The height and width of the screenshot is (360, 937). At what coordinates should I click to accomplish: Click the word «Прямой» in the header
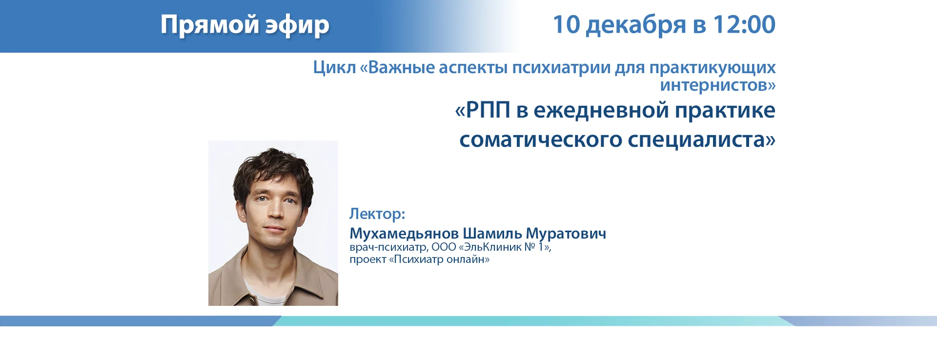tap(209, 24)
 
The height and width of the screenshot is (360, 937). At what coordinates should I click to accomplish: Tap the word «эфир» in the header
tap(297, 25)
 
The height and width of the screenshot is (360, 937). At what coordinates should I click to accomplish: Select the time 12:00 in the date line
tap(744, 24)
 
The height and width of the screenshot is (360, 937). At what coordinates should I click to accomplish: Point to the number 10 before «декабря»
tap(566, 24)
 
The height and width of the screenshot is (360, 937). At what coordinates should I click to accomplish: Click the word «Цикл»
tap(334, 67)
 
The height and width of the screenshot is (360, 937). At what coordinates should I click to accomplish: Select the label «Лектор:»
tap(377, 214)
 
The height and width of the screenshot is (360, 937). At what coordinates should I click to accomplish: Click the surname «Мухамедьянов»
tap(404, 234)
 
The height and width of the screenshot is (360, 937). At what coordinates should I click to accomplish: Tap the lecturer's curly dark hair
tap(273, 168)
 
